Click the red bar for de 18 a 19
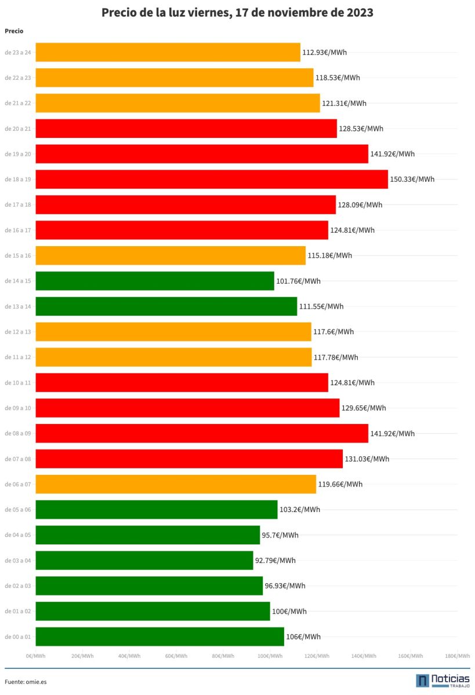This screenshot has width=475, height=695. pos(212,179)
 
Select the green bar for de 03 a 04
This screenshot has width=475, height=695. pos(144,560)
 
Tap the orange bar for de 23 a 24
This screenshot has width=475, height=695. pos(168,52)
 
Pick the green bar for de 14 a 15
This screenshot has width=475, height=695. pos(155,281)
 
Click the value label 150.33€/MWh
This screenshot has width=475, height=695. pos(412,179)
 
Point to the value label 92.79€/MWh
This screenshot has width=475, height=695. pos(275,560)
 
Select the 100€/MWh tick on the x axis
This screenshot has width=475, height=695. pos(270,656)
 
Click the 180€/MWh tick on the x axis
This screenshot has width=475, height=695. pos(457,656)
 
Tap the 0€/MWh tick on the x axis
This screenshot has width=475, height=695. pos(36,656)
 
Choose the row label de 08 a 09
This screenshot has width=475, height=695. pos(18,433)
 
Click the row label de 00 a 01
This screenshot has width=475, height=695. pos(18,637)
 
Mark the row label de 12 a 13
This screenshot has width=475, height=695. pos(18,332)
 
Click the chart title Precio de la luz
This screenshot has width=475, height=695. pos(237,12)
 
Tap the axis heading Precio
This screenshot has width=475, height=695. pos(14,31)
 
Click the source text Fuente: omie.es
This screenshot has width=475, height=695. pos(26,682)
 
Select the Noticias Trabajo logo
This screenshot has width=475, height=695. pos(443,681)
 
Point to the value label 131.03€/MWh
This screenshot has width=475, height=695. pos(367,459)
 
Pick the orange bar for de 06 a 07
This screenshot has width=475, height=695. pos(176,484)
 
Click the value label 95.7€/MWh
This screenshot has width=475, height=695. pos(280,535)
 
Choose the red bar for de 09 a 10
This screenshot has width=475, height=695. pos(187,408)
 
